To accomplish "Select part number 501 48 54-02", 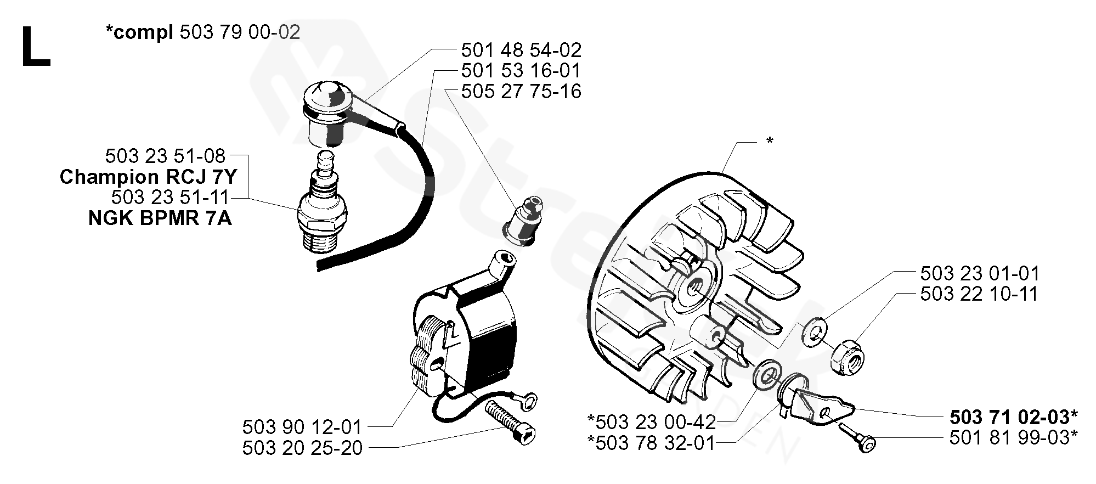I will tap(521, 50).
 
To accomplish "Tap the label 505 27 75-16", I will tap(521, 91).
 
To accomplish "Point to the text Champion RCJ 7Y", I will tap(148, 177).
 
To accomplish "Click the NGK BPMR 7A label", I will tap(160, 218).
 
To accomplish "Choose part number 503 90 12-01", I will tap(302, 427).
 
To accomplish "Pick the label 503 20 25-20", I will tap(302, 448).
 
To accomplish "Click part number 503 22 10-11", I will tap(979, 294).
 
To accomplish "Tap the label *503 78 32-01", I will tap(651, 442).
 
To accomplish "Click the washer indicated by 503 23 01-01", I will tap(816, 333).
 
